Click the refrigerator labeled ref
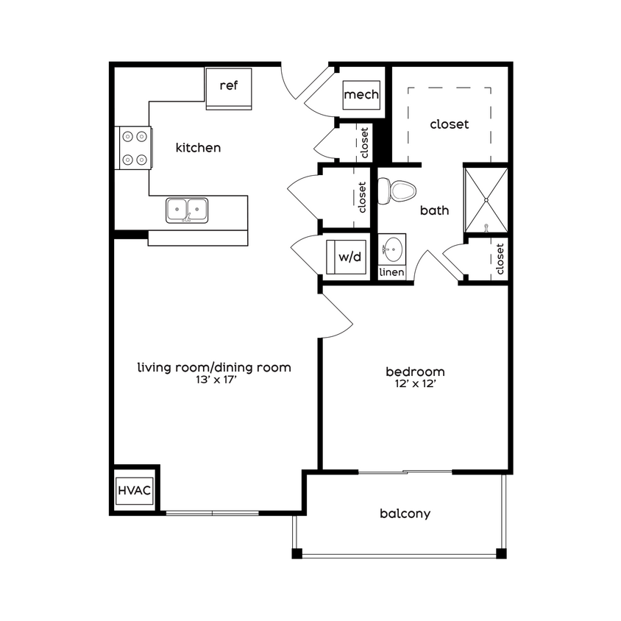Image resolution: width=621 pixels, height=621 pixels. point(229,87)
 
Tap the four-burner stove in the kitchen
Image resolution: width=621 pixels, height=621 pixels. point(133,147)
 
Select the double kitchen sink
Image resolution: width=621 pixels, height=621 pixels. point(187,210)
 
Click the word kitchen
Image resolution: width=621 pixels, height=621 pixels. point(198,148)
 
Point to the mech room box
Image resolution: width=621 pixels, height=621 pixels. point(361,95)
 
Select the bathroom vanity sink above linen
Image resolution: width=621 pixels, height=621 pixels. point(392,248)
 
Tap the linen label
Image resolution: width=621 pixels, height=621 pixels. point(391,272)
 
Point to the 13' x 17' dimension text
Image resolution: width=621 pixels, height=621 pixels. point(214,380)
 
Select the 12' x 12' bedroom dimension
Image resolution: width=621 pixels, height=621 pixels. point(416,384)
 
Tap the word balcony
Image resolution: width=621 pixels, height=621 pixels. point(405,514)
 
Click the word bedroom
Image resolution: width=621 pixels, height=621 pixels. point(416,372)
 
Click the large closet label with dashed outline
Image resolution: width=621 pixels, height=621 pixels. point(449,124)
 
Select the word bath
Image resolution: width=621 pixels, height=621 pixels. point(434,210)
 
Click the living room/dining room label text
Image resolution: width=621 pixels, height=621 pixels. point(214,367)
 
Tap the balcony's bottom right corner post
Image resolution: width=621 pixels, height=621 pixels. point(501,553)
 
